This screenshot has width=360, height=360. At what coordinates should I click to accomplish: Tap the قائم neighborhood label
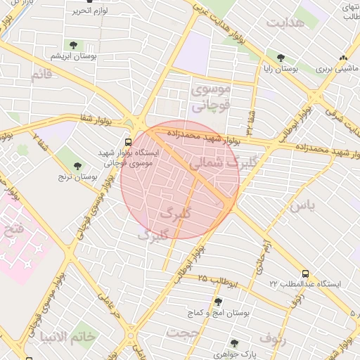(41, 75)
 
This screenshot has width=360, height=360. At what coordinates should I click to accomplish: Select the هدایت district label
(286, 22)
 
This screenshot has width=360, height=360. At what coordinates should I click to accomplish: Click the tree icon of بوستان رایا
(281, 58)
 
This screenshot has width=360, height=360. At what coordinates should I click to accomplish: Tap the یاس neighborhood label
(302, 205)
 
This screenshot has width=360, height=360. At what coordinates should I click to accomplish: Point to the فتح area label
(13, 229)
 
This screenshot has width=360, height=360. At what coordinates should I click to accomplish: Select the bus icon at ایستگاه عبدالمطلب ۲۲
(305, 273)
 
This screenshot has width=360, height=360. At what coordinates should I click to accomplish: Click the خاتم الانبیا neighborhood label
(67, 336)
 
